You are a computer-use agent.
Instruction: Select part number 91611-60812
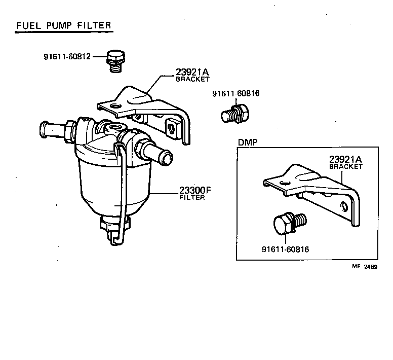click(67, 56)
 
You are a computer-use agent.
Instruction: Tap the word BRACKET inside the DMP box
click(346, 166)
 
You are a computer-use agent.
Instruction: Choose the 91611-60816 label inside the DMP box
click(286, 249)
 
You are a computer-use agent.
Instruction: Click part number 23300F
click(194, 191)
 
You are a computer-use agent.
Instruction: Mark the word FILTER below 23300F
click(192, 197)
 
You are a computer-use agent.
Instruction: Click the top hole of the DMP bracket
click(287, 183)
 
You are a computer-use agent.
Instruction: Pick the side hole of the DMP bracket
click(345, 206)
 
